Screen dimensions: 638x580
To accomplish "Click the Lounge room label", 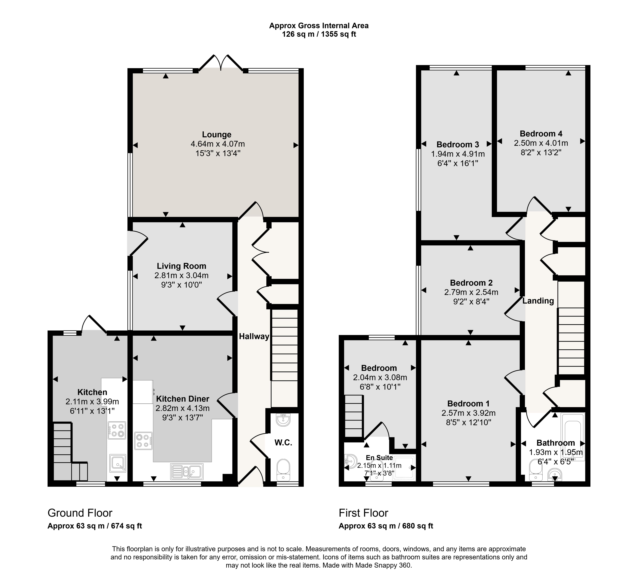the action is [217, 135].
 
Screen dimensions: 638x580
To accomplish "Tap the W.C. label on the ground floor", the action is [283, 443].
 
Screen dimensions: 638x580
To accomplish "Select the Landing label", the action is [538, 301].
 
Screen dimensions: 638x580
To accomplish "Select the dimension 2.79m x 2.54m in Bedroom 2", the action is [471, 292].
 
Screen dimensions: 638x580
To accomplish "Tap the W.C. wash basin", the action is [283, 420].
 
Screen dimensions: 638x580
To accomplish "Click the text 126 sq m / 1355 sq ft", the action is [319, 34].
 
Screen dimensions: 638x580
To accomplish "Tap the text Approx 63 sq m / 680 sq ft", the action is [386, 526].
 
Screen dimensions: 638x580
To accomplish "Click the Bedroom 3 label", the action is [458, 145].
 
